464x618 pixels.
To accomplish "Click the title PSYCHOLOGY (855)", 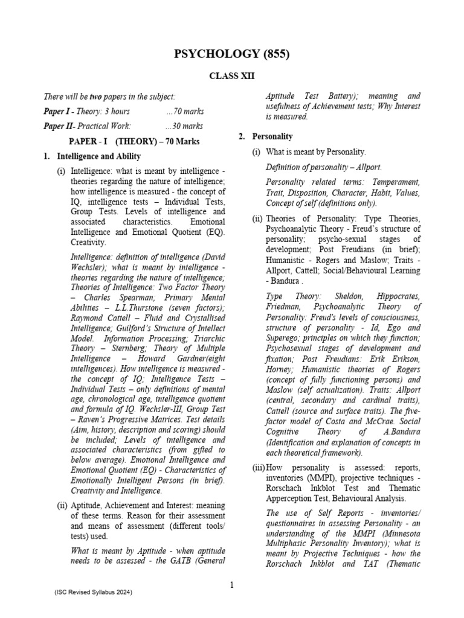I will click(x=232, y=55).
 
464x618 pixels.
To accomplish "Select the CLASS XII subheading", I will click(x=232, y=77).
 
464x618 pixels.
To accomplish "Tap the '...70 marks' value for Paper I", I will click(x=184, y=112).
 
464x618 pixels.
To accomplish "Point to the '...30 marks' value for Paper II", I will click(x=184, y=127).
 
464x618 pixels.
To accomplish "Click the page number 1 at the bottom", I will click(x=231, y=584).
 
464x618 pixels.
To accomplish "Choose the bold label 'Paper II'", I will click(x=59, y=127).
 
